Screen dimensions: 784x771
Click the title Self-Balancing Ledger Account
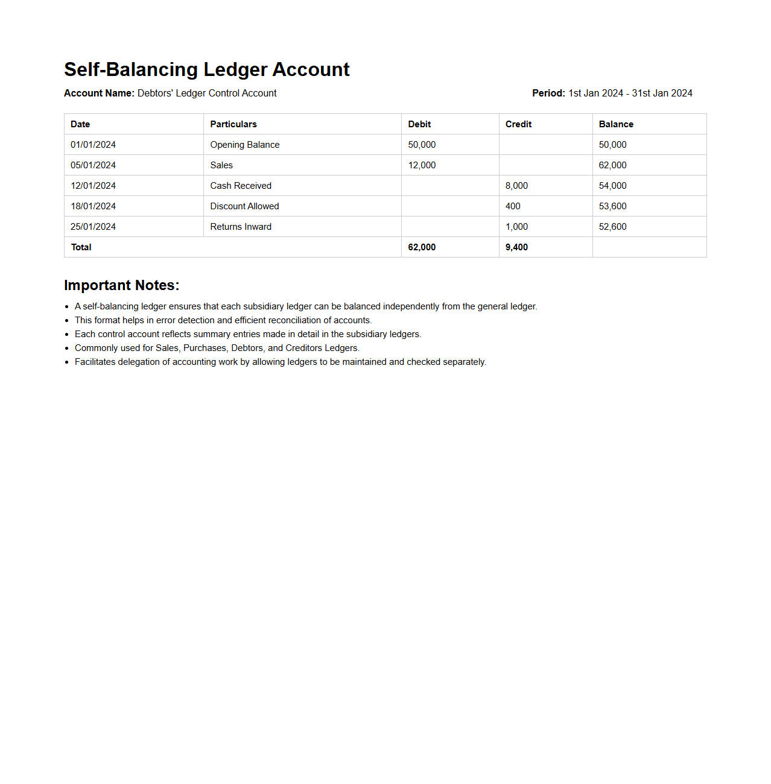pyautogui.click(x=206, y=69)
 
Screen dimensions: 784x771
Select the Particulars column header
pyautogui.click(x=233, y=124)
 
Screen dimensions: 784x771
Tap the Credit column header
pyautogui.click(x=518, y=124)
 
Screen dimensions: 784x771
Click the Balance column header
pyautogui.click(x=616, y=124)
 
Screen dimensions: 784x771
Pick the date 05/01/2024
pyautogui.click(x=93, y=165)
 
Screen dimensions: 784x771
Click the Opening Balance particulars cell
pyautogui.click(x=245, y=145)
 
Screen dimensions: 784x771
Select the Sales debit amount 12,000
pyautogui.click(x=422, y=165)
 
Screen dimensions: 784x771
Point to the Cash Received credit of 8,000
pyautogui.click(x=516, y=186)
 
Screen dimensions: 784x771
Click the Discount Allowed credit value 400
pyautogui.click(x=513, y=206)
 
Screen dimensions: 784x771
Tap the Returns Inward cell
pyautogui.click(x=241, y=227)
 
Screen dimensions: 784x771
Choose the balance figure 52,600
pyautogui.click(x=612, y=227)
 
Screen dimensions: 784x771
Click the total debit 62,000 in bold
pyautogui.click(x=422, y=247)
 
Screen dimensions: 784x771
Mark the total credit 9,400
pyautogui.click(x=516, y=247)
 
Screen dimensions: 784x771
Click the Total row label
pyautogui.click(x=81, y=247)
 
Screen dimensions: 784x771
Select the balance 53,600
pyautogui.click(x=612, y=206)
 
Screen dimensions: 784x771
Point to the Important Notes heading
pyautogui.click(x=121, y=285)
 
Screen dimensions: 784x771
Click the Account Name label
pyautogui.click(x=99, y=93)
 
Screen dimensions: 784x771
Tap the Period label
pyautogui.click(x=548, y=93)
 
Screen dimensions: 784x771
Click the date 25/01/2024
pyautogui.click(x=93, y=227)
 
